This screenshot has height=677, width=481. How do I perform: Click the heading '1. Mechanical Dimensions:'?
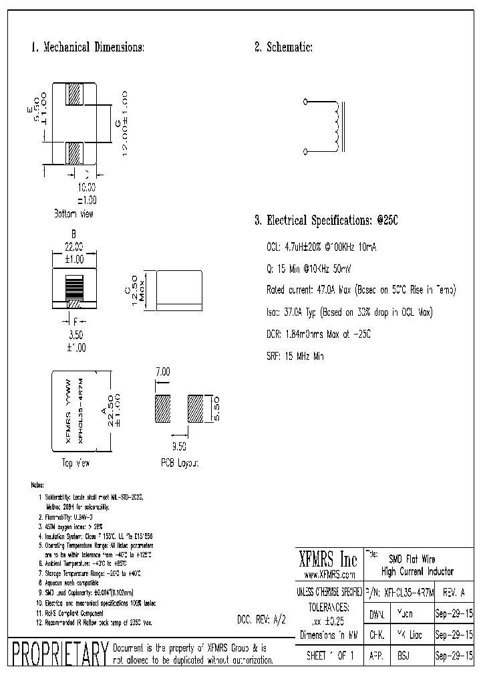pos(88,47)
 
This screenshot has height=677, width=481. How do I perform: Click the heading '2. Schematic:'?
pos(283,47)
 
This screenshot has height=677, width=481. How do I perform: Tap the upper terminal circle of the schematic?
pos(306,102)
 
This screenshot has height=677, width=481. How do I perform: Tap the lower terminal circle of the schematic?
pos(306,153)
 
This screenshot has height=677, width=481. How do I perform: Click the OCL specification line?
pos(321,247)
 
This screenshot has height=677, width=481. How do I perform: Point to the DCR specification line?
pos(317,334)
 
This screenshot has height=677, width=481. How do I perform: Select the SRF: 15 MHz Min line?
pos(295,357)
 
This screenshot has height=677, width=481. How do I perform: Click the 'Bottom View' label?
pos(73,213)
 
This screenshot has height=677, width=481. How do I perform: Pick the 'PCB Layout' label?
pos(180,463)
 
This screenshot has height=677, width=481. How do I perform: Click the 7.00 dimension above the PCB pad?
pos(163,371)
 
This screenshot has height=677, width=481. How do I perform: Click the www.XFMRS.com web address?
pos(329,575)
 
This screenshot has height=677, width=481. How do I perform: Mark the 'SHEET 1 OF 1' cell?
pos(329,656)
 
